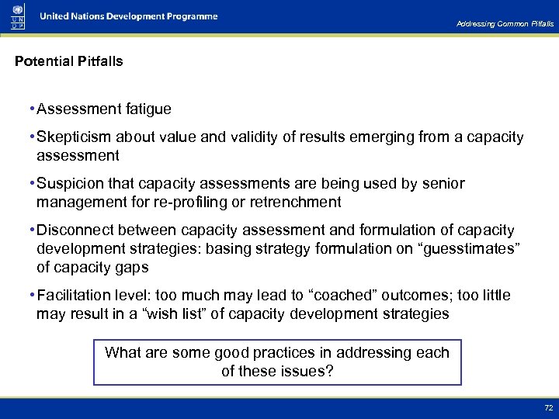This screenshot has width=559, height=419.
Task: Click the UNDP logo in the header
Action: click(17, 16)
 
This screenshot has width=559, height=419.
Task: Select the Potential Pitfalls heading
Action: click(69, 61)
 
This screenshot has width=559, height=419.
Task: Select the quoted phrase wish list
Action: click(162, 314)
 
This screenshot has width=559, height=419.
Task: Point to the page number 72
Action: click(548, 408)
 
